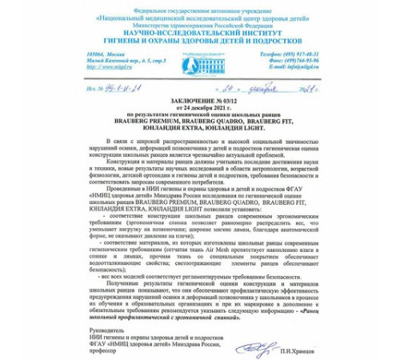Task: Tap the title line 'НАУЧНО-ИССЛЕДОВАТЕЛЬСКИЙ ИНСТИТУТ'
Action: tap(199, 30)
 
